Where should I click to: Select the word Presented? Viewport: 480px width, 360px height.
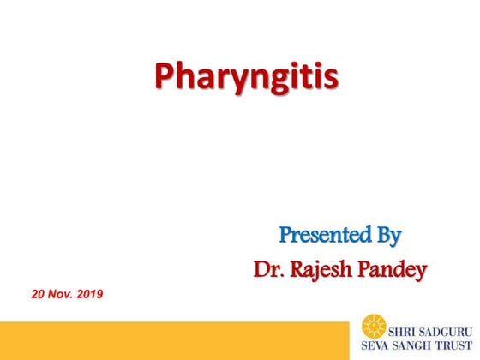coord(321,233)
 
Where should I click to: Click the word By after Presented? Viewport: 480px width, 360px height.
coord(385,234)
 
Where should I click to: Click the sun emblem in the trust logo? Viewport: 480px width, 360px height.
coord(373,327)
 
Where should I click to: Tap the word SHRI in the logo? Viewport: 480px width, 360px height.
coord(404,327)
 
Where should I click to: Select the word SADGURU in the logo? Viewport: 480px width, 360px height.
coord(447,327)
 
